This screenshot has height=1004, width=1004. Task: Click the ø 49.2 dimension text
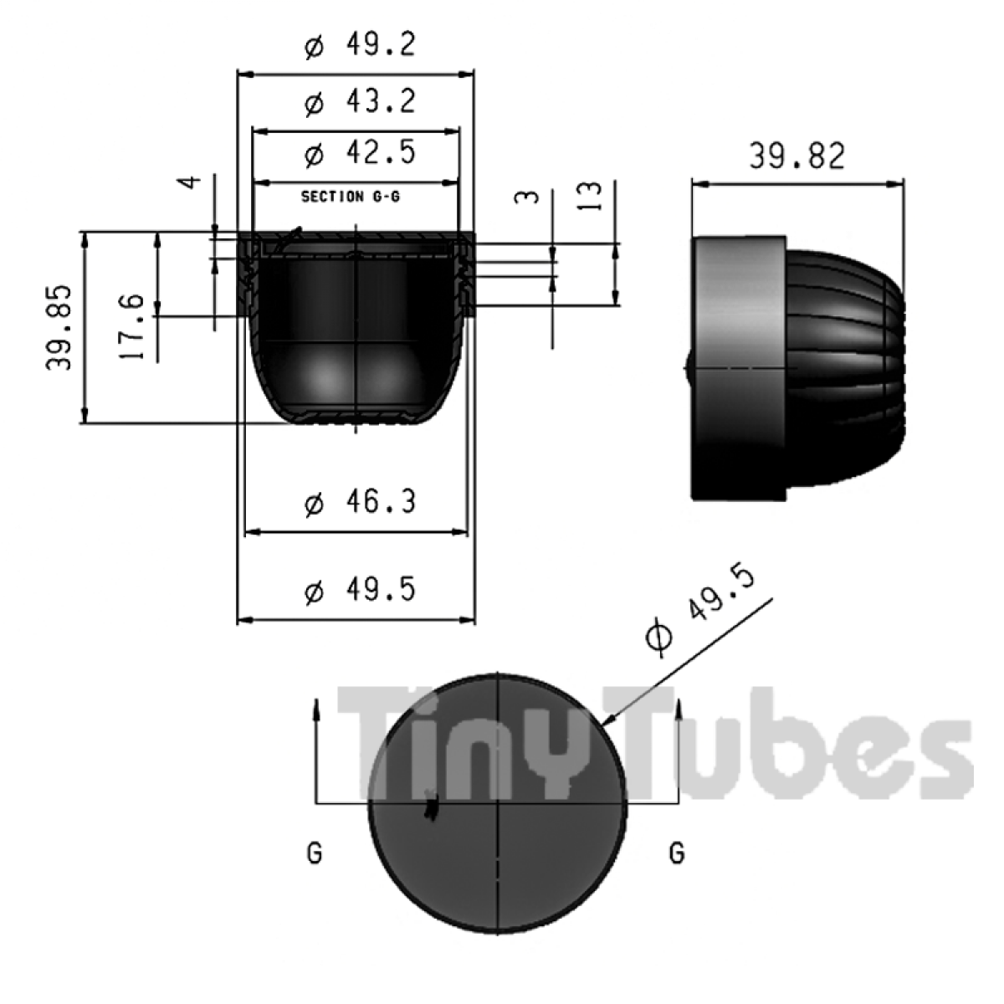tap(360, 45)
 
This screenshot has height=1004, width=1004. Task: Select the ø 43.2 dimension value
tap(360, 101)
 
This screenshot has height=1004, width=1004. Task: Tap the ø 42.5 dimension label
tap(360, 153)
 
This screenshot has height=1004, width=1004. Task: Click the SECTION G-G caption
tap(351, 197)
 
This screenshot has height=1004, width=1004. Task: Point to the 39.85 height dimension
tap(59, 327)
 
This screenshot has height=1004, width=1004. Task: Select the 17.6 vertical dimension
tap(131, 326)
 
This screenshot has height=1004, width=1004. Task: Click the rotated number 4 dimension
tap(189, 182)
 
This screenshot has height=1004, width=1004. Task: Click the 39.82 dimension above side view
tap(797, 156)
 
